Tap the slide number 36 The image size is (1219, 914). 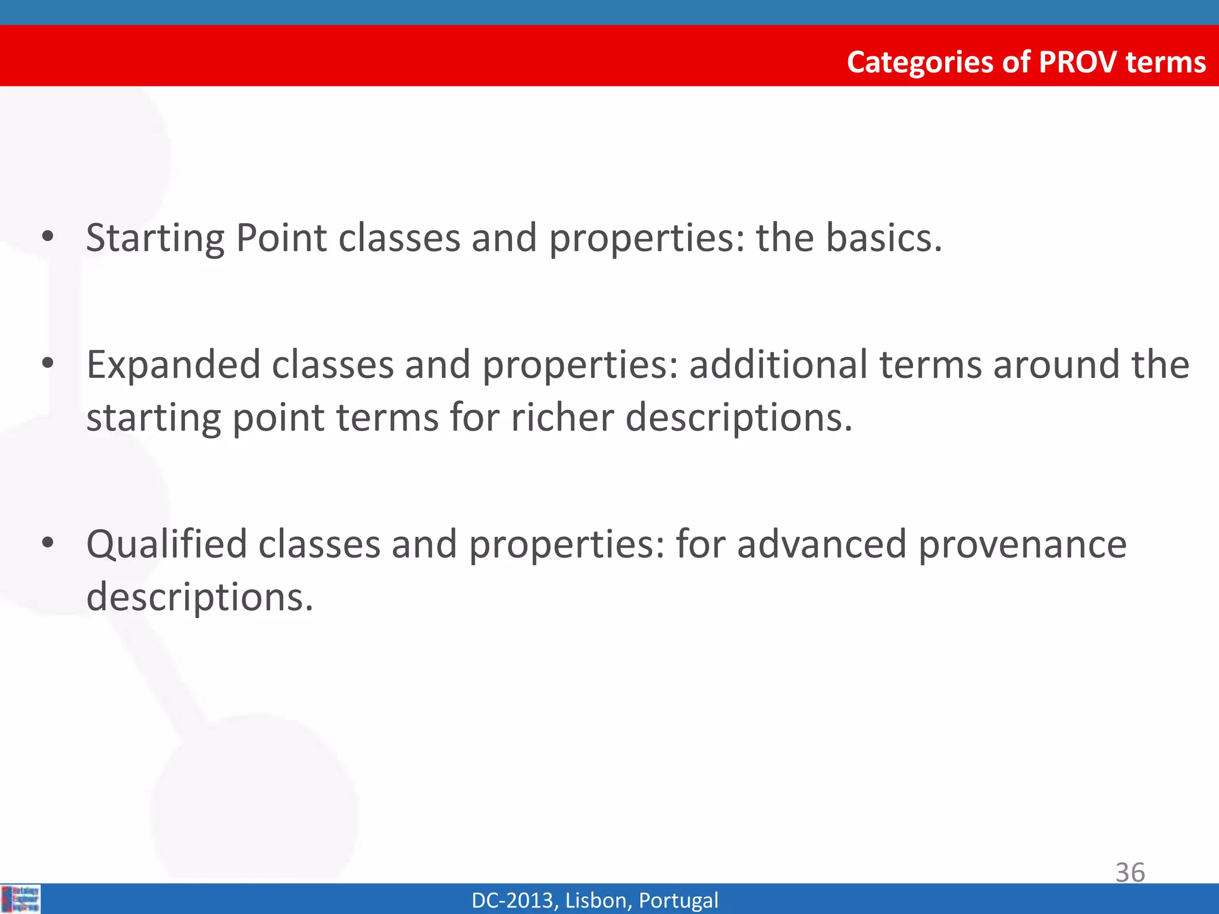click(1130, 872)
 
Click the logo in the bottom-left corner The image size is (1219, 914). click(20, 899)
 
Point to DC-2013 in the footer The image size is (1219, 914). click(514, 900)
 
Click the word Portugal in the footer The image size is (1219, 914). click(678, 900)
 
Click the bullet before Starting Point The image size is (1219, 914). click(48, 238)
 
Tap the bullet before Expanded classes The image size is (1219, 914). click(48, 363)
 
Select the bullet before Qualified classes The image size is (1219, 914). click(48, 543)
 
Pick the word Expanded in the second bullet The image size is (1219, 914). click(173, 365)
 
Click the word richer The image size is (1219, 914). click(562, 417)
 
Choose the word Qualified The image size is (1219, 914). click(166, 545)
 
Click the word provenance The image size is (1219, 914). click(1022, 545)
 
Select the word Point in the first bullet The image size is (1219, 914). click(281, 238)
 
